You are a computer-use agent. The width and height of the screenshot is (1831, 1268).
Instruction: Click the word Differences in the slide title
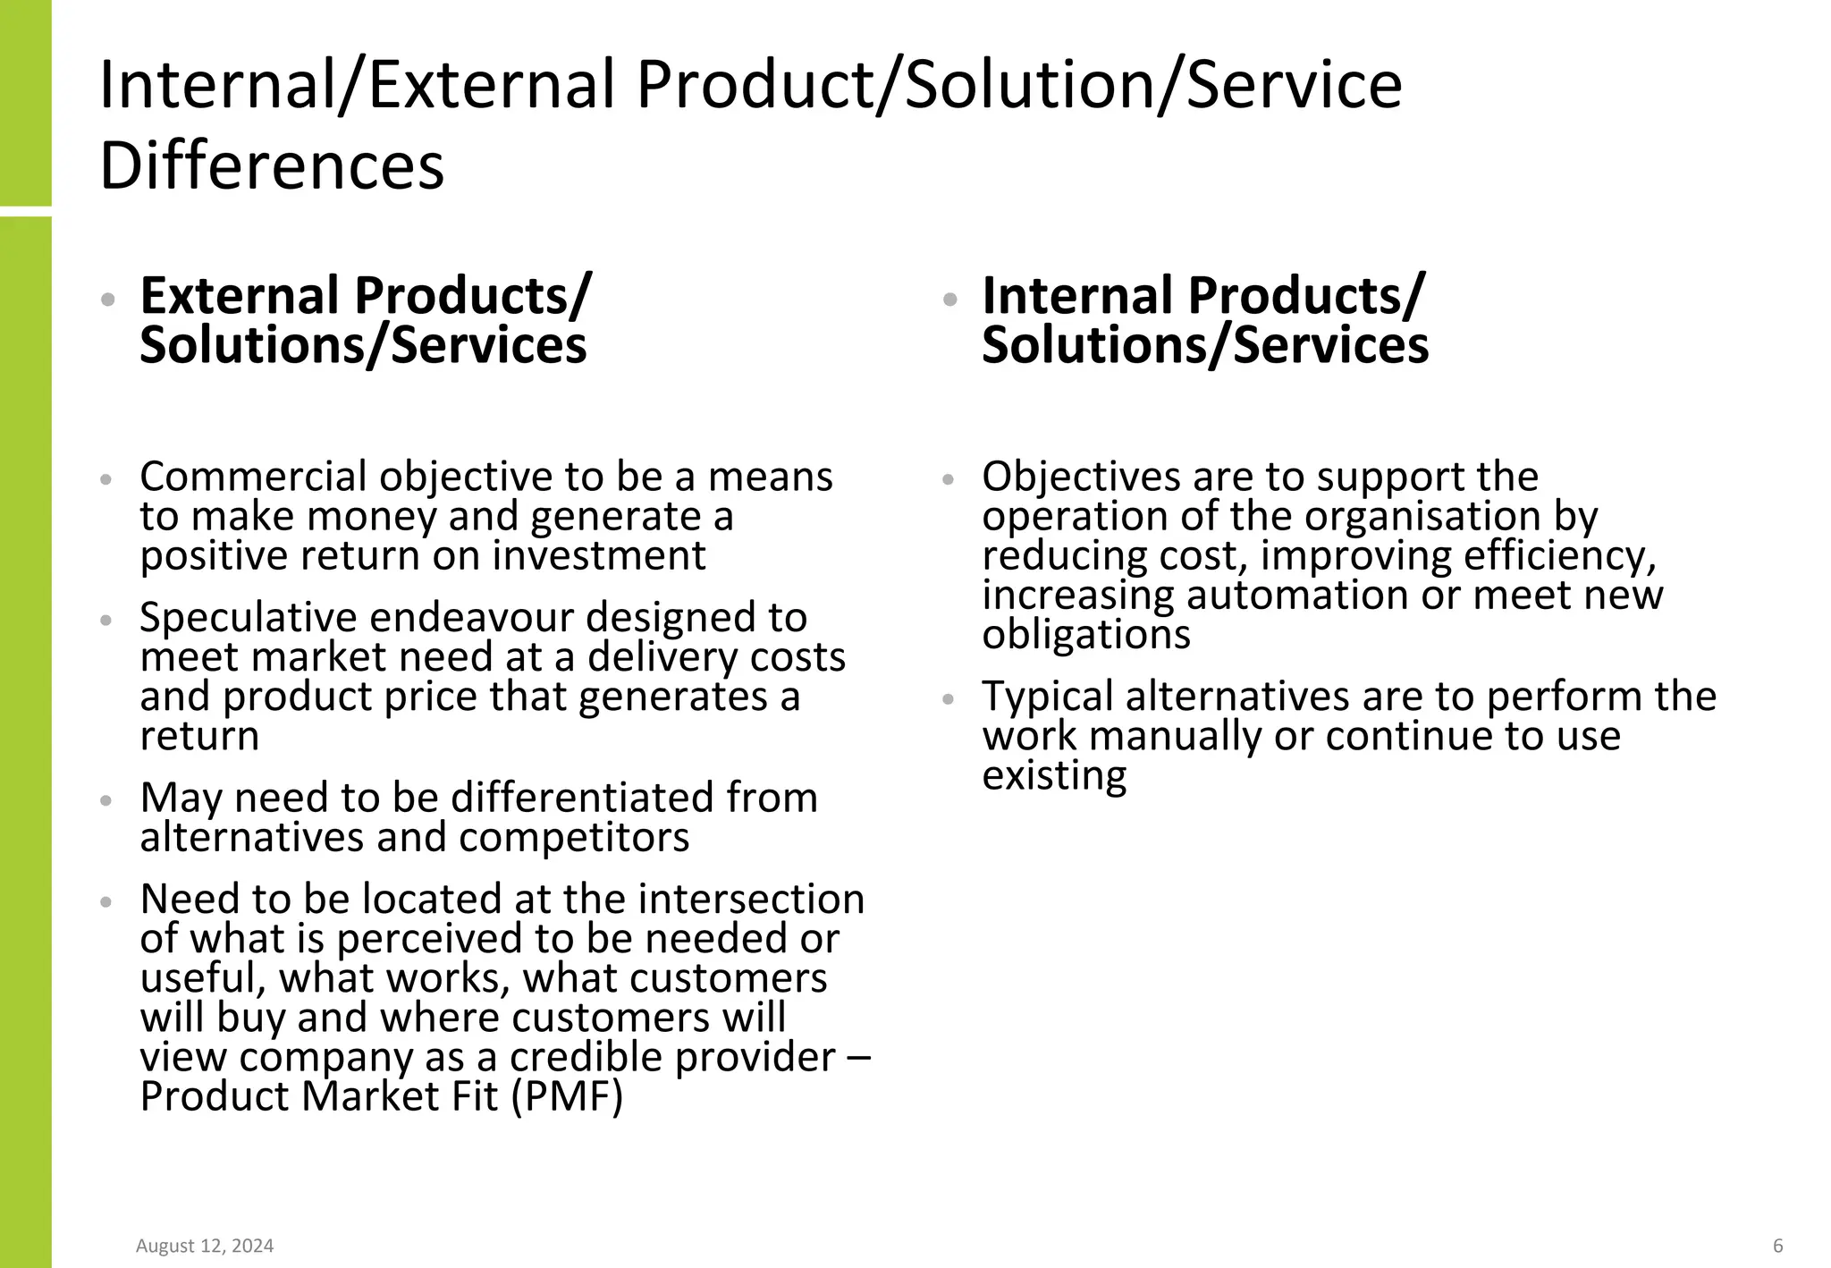272,166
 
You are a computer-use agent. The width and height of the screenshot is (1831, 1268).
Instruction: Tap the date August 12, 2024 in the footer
205,1246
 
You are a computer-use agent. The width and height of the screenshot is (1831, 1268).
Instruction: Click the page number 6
1777,1246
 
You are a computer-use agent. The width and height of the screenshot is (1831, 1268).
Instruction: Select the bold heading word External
240,296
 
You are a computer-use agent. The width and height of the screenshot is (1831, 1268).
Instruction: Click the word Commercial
253,478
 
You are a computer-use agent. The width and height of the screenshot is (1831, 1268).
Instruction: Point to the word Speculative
248,618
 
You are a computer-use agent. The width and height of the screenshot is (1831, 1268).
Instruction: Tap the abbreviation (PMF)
567,1096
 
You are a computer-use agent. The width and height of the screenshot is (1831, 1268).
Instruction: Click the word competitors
574,838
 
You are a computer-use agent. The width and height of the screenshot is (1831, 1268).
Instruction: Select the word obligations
1086,635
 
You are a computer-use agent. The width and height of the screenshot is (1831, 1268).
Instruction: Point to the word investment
599,556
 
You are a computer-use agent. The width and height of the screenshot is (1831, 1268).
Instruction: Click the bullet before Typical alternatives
949,699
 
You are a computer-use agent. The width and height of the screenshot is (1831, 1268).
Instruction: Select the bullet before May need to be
106,800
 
